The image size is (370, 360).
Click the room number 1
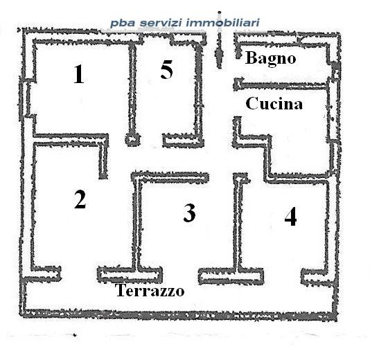coord(79,74)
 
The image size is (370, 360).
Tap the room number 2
coord(80,199)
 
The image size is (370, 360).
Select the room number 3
coord(189,213)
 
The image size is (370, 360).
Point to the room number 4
coord(290,217)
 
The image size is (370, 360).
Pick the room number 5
coord(166,69)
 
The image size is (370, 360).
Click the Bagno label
coord(271,59)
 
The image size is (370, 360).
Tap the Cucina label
coord(274,103)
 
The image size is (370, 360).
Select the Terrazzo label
coord(150,290)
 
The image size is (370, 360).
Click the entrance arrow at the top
coord(220,40)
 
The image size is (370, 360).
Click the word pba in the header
coord(123,24)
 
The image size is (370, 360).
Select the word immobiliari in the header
coord(223,23)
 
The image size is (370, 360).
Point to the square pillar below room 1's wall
coord(132,139)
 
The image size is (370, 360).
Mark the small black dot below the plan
coord(75,335)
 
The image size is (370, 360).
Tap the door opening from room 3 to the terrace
coord(181,276)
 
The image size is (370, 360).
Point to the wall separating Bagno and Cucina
coord(282,84)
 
